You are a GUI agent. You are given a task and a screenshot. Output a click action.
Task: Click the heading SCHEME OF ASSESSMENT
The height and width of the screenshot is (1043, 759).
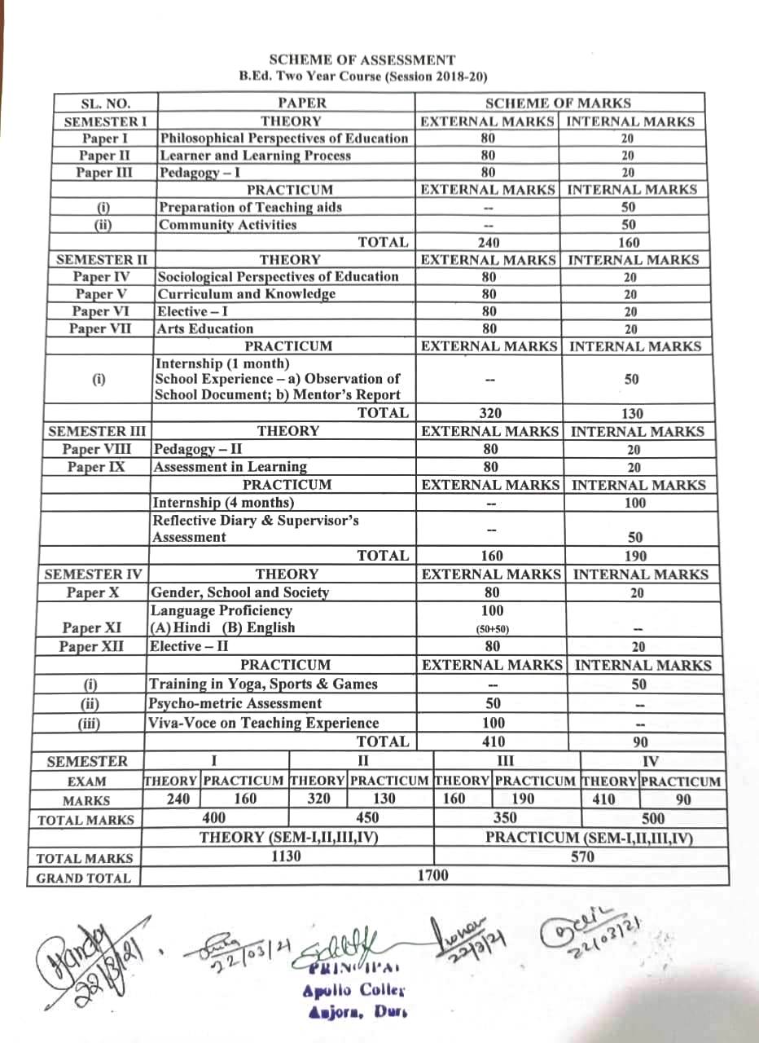pos(362,60)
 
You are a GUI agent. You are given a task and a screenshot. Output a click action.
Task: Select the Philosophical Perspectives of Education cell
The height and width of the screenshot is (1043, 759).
pos(284,139)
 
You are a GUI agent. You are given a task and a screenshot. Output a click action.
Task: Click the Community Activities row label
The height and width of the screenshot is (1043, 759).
pos(228,225)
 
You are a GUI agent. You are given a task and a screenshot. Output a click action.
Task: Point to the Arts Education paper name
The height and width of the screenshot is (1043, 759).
pos(205,329)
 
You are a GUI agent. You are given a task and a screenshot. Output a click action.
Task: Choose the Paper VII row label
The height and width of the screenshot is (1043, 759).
pos(101,329)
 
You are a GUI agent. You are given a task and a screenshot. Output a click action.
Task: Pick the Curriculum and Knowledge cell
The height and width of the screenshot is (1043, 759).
pos(247,294)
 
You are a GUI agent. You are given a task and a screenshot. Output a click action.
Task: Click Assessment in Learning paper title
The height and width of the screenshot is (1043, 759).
pos(230,467)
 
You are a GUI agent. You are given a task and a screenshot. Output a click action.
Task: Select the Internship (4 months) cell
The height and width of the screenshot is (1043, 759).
pos(224,503)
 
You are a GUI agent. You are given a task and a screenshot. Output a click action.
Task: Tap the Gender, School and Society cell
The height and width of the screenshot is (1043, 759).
pos(239,592)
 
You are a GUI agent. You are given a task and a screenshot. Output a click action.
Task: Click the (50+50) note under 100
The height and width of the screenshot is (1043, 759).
pos(493,629)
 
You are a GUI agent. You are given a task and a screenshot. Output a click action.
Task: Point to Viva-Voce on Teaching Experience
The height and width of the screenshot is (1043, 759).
pos(264,723)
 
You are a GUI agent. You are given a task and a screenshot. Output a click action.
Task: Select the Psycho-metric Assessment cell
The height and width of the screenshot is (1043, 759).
pos(235,703)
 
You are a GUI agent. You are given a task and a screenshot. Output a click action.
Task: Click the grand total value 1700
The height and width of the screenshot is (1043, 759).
pos(432,876)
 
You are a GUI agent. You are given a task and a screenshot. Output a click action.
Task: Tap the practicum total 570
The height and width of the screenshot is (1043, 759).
pos(582,856)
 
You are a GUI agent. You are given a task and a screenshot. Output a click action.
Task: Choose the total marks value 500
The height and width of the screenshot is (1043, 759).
pos(653,818)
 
